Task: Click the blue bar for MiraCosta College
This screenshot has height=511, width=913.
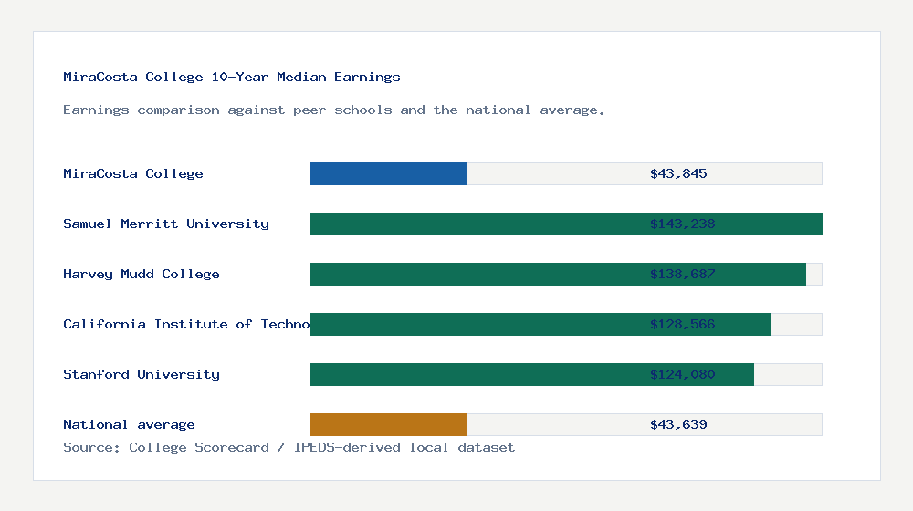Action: pos(389,173)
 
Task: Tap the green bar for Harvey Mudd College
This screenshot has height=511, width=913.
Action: pos(475,274)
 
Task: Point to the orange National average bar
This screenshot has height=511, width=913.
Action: pos(389,424)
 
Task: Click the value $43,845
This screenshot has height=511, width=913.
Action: pos(678,173)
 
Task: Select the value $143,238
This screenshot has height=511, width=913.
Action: pos(682,224)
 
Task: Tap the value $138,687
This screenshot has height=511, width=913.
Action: pos(682,274)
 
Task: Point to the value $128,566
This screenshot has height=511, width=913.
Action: pos(682,324)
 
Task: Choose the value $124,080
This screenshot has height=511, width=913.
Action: pos(682,374)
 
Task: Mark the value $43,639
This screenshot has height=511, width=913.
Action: pos(678,424)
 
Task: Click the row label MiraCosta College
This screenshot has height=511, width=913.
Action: pos(133,173)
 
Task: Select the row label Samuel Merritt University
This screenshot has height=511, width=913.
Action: pos(166,224)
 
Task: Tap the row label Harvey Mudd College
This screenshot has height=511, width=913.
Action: pos(142,274)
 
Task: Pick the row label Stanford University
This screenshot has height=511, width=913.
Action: pos(142,374)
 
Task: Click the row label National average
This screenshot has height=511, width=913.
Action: pos(129,424)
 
